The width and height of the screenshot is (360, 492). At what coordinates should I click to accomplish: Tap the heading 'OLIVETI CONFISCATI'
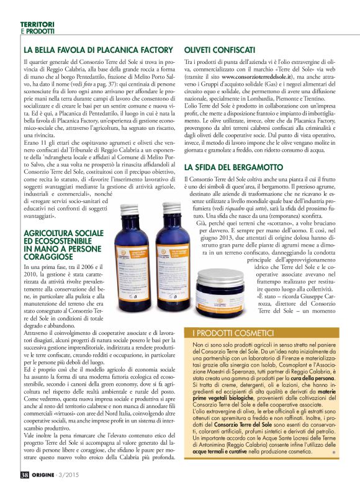(219, 49)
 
